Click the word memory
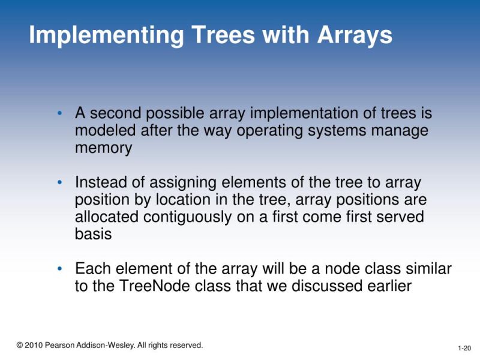click(103, 148)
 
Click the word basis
click(93, 234)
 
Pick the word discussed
click(322, 286)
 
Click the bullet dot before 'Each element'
click(59, 269)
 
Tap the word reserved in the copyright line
click(185, 345)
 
